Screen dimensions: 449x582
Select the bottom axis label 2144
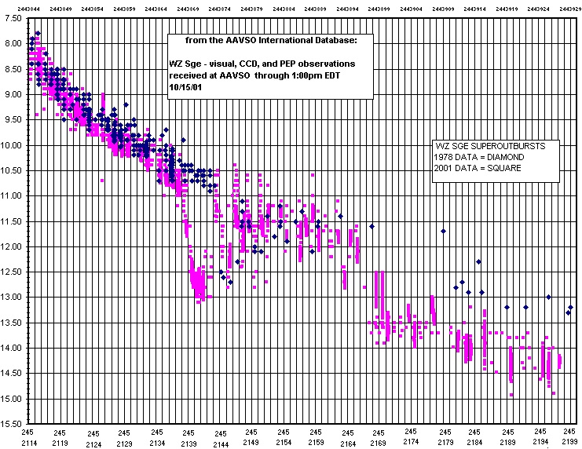[x=221, y=443]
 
